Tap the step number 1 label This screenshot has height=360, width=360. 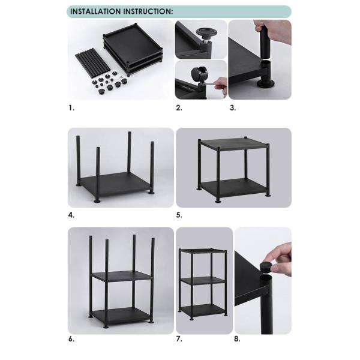tap(71, 109)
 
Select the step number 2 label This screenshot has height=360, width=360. tap(178, 109)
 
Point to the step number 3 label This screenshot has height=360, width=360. tap(232, 109)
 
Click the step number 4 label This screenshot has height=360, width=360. tap(71, 215)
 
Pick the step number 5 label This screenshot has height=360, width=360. tap(178, 215)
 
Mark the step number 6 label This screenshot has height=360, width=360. tap(71, 339)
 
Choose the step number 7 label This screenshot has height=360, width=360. tap(178, 339)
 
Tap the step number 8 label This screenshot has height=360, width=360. tap(237, 339)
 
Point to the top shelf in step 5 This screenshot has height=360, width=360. tap(233, 145)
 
